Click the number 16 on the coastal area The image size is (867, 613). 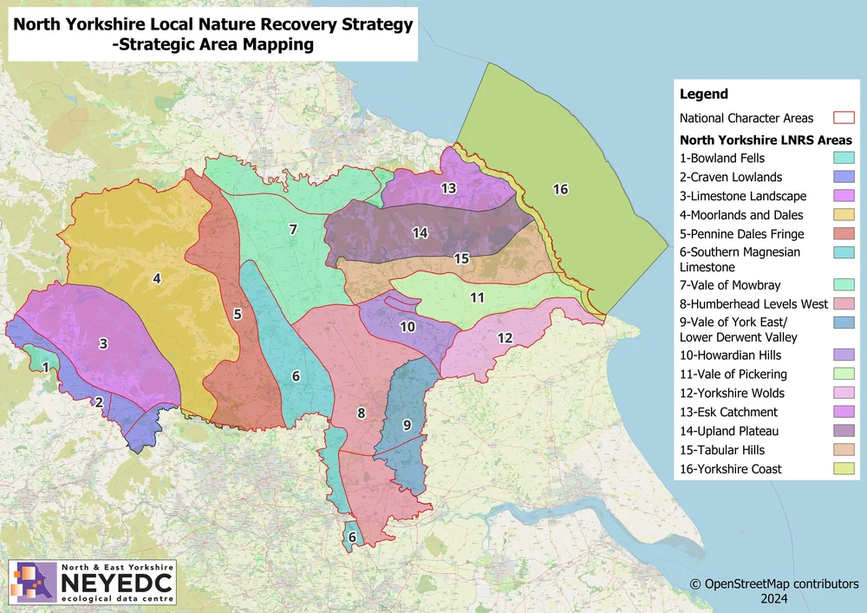pyautogui.click(x=560, y=190)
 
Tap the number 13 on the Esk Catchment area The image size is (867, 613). pyautogui.click(x=448, y=188)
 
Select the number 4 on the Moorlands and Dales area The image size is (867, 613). pyautogui.click(x=157, y=278)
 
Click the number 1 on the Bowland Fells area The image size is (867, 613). pyautogui.click(x=45, y=367)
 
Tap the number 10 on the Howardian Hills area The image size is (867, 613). pyautogui.click(x=407, y=327)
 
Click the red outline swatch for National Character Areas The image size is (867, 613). pyautogui.click(x=844, y=118)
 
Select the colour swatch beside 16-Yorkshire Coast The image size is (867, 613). pyautogui.click(x=844, y=469)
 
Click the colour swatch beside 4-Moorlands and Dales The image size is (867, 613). pyautogui.click(x=844, y=215)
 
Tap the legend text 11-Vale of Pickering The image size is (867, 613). pyautogui.click(x=733, y=374)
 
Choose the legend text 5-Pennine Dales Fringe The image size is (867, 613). pyautogui.click(x=741, y=233)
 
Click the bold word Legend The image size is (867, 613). pyautogui.click(x=703, y=94)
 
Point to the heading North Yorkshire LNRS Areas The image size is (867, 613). pyautogui.click(x=766, y=140)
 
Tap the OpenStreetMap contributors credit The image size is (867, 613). pyautogui.click(x=773, y=584)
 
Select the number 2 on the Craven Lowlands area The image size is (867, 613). pyautogui.click(x=99, y=401)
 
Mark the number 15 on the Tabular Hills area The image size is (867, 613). pyautogui.click(x=461, y=258)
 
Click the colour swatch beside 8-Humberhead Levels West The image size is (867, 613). pyautogui.click(x=844, y=303)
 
